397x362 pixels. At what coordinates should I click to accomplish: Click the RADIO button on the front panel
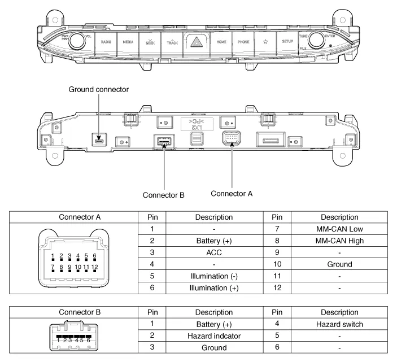click(106, 42)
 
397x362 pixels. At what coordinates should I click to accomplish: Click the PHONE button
click(243, 42)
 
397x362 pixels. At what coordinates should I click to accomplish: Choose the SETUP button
click(287, 42)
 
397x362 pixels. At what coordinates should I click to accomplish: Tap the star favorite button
click(266, 42)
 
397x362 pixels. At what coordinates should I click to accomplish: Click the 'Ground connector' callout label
click(99, 89)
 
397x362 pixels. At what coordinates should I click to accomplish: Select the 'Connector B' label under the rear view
click(164, 195)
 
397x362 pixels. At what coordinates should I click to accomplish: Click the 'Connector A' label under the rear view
click(232, 193)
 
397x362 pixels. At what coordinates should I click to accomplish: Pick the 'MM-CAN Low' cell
click(339, 229)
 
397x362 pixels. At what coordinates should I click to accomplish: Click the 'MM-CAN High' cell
click(339, 241)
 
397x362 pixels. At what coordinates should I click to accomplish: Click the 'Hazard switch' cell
click(339, 324)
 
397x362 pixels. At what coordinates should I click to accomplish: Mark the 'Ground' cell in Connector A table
click(339, 264)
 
